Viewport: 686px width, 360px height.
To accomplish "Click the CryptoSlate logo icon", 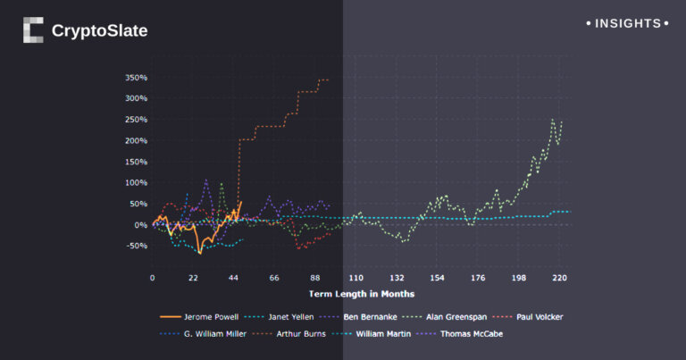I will pyautogui.click(x=33, y=30).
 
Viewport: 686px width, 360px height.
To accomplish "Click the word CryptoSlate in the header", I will pyautogui.click(x=99, y=31).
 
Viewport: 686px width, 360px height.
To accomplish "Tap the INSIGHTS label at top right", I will pyautogui.click(x=628, y=23).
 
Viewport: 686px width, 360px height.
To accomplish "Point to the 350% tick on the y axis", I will pyautogui.click(x=137, y=77).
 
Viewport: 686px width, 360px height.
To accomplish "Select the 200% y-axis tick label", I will pyautogui.click(x=137, y=140).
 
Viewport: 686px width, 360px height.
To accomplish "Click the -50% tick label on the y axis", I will pyautogui.click(x=137, y=246).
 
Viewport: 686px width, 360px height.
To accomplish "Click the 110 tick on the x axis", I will pyautogui.click(x=356, y=279).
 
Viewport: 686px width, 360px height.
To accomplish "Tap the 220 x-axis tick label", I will pyautogui.click(x=560, y=279).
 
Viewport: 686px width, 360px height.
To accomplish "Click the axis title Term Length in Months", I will pyautogui.click(x=361, y=293).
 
